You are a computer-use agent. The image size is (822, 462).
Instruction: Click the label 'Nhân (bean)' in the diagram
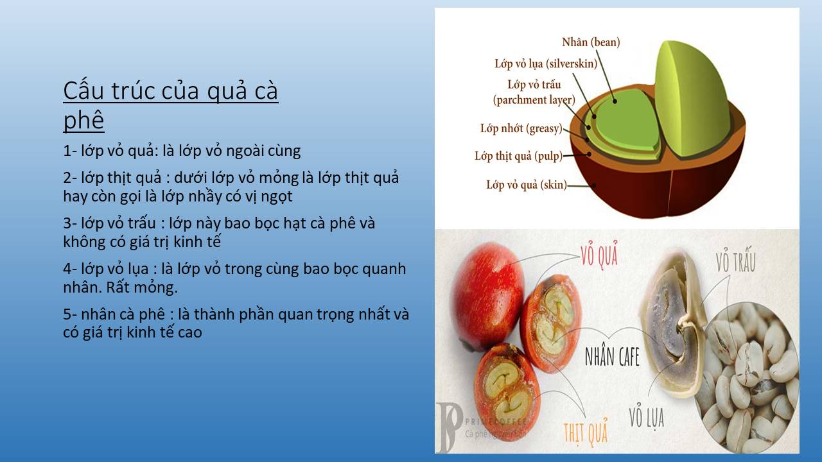591,42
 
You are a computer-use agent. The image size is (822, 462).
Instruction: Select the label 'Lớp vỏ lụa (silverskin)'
546,64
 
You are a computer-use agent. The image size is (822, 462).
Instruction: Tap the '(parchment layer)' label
534,99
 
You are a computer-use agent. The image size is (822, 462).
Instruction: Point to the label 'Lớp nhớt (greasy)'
521,128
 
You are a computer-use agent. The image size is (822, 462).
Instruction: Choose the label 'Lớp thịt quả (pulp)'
518,156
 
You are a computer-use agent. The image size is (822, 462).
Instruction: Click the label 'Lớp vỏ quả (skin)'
527,184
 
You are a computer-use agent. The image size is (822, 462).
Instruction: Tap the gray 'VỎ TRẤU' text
735,260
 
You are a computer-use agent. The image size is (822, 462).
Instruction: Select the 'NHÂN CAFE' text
612,357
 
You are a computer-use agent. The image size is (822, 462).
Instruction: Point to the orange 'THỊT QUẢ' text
586,432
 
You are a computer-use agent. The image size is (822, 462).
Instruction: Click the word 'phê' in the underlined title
83,119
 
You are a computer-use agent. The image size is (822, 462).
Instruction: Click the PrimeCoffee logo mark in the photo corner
449,427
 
